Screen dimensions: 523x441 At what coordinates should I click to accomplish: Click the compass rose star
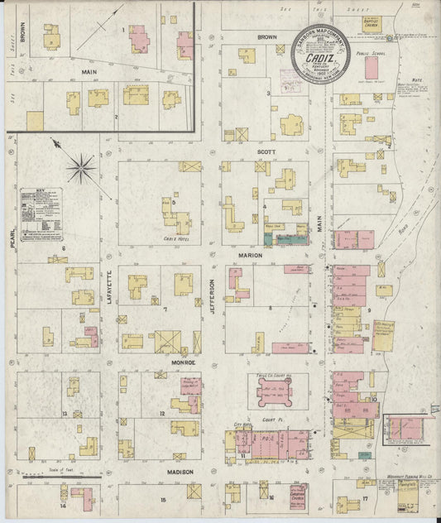[81, 169]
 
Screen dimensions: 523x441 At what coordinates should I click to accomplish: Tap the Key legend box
[42, 213]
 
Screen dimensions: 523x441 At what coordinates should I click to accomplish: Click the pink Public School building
[371, 67]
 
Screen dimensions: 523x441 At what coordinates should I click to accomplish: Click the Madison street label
[181, 472]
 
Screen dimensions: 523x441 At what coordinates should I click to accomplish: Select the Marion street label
[251, 256]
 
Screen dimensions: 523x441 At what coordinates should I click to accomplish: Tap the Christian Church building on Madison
[294, 501]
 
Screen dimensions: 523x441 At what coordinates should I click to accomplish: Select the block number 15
[163, 500]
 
